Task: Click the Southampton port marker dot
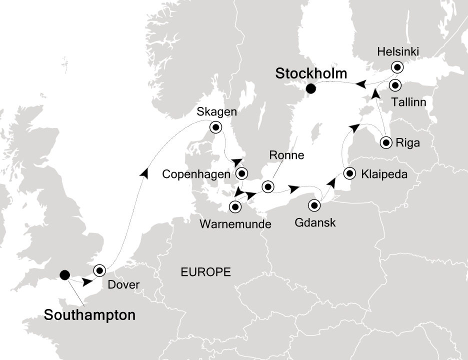coord(64,274)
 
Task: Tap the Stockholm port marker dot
coord(310,89)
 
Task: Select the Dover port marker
coord(99,270)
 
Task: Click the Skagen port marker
coord(216,127)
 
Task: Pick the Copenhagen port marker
coord(242,174)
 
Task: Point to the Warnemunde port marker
coord(235,206)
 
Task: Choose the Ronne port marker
coord(268,187)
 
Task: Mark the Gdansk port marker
coord(314,205)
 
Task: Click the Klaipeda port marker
coord(350,173)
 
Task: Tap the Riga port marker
coord(386,142)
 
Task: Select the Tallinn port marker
coord(395,85)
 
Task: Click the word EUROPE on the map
coord(206,272)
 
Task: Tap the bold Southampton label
coord(89,315)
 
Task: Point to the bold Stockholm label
coord(311,74)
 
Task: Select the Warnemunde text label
coord(235,224)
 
